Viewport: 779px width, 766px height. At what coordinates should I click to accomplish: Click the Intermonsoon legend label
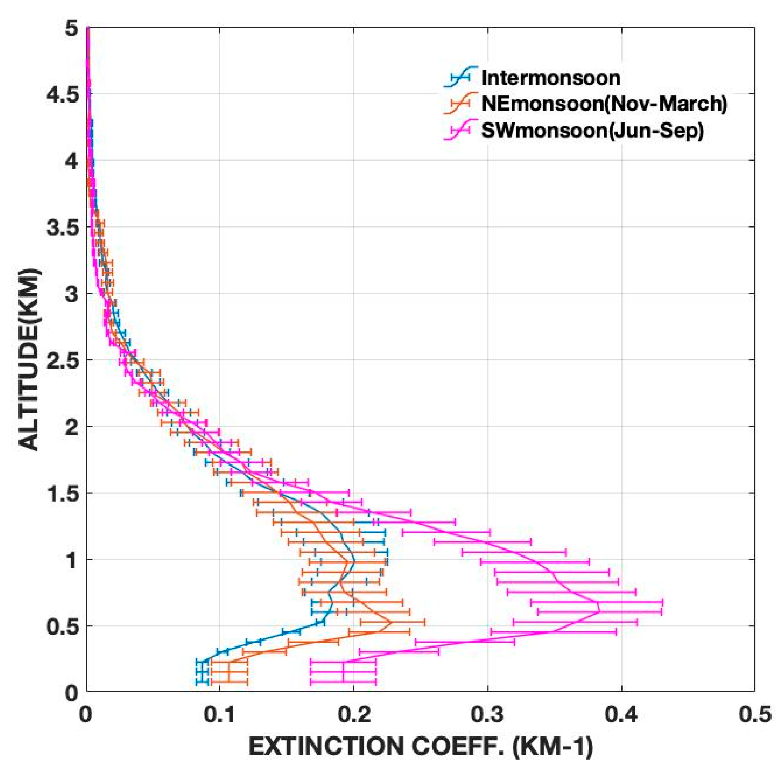[x=550, y=78]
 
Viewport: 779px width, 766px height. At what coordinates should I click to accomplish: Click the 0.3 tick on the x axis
[x=487, y=716]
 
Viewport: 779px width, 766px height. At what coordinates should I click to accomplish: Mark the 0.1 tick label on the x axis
[x=220, y=716]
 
